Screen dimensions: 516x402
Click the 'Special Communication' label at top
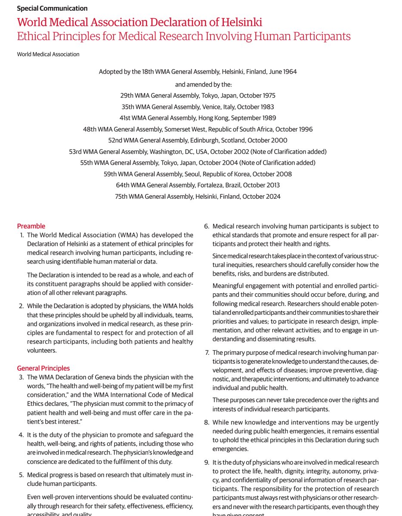52,8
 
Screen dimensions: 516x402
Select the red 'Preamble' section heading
31,226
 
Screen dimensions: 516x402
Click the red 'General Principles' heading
43,369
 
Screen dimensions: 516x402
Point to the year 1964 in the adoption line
288,72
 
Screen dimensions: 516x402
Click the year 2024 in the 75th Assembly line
272,197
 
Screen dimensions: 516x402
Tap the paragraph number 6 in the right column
206,226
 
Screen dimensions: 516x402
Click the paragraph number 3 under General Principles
21,378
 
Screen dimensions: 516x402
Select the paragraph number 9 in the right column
206,462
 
